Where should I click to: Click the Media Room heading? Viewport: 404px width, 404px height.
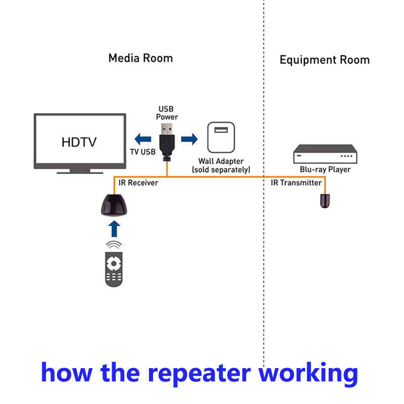[x=140, y=58]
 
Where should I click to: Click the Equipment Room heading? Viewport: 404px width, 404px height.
[x=325, y=60]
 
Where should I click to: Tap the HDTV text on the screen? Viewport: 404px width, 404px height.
[x=79, y=142]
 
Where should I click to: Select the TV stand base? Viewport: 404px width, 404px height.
[x=80, y=171]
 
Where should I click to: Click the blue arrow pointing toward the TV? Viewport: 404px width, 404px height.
[x=143, y=139]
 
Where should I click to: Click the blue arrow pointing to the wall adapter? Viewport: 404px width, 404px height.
[x=189, y=139]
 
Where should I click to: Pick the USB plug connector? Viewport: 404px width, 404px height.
[x=167, y=142]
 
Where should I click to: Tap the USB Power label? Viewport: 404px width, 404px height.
[x=167, y=113]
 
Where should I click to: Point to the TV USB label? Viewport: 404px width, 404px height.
[x=143, y=152]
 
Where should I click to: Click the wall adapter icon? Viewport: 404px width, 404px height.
[x=221, y=137]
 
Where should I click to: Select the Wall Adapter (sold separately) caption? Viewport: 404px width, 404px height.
[x=221, y=166]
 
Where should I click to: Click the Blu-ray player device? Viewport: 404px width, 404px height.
[x=325, y=154]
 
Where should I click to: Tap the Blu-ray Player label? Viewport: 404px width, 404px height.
[x=325, y=170]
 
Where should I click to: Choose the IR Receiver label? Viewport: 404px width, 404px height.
[x=138, y=183]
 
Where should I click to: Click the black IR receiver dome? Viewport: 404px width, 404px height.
[x=114, y=205]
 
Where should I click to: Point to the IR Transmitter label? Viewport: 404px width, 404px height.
[x=296, y=183]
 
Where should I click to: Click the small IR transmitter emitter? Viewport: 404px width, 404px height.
[x=325, y=201]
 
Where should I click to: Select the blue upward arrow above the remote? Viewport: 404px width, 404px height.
[x=114, y=229]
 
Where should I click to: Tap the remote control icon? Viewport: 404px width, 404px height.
[x=114, y=269]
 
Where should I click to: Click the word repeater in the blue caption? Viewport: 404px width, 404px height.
[x=199, y=373]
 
